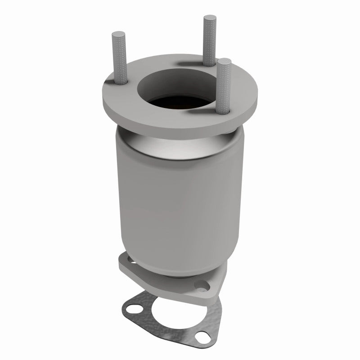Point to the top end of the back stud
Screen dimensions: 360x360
209,18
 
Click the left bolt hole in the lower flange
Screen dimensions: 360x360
128,260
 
